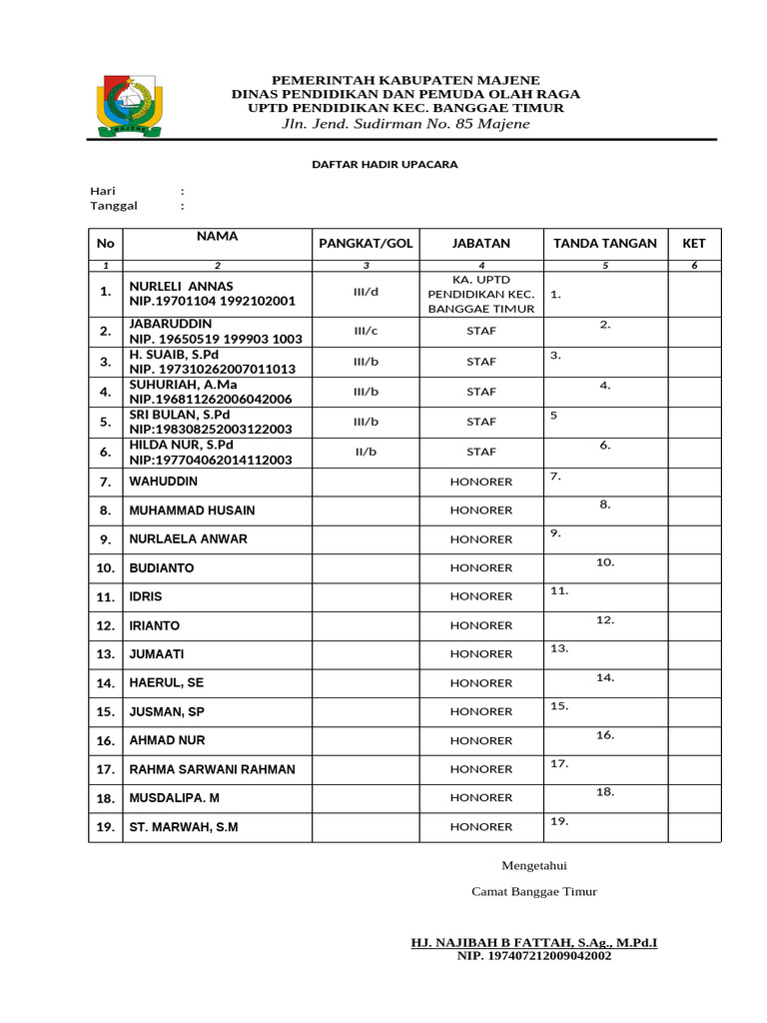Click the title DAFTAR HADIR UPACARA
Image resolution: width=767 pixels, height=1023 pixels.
(384, 164)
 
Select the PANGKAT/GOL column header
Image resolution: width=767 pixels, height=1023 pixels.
(365, 243)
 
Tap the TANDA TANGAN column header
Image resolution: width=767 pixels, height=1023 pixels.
(604, 243)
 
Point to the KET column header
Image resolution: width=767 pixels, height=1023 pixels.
(693, 243)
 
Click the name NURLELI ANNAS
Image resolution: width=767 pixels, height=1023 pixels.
(181, 287)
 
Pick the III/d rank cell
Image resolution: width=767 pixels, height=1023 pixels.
(366, 294)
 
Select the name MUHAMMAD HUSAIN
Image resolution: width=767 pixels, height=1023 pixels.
(192, 511)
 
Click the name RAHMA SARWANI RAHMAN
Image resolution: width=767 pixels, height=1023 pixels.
(212, 769)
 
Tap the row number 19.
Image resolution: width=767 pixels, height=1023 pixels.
(105, 827)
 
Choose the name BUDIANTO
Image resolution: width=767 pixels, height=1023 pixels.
(161, 568)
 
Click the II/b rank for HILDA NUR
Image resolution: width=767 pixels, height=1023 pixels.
(366, 452)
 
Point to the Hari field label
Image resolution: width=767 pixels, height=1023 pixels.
(103, 191)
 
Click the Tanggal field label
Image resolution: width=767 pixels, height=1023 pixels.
(114, 206)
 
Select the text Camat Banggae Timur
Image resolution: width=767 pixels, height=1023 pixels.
(533, 892)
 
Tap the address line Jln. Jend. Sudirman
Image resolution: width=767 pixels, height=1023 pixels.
(405, 124)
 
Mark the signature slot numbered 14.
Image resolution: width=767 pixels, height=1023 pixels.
(604, 678)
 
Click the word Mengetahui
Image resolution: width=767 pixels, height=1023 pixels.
(533, 865)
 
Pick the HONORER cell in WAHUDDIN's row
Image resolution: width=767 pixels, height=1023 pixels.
(480, 482)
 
